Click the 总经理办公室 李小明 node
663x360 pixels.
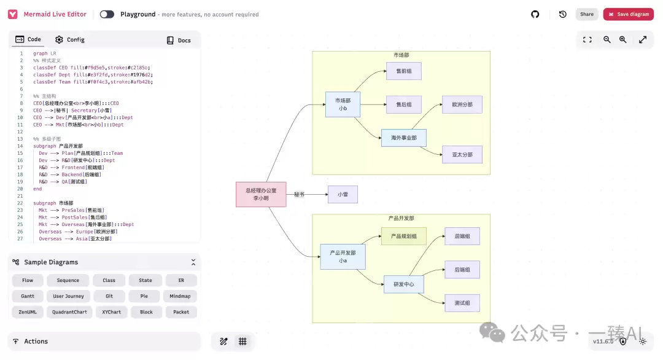(x=261, y=194)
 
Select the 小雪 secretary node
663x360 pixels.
(x=343, y=194)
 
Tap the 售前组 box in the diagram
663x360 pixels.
(x=403, y=71)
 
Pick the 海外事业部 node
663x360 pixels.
(x=404, y=138)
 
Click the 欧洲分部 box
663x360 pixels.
(x=462, y=104)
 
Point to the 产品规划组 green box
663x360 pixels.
(x=404, y=236)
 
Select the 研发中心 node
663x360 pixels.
(x=404, y=284)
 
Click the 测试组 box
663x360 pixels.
(x=462, y=303)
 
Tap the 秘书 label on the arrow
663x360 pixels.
(x=299, y=194)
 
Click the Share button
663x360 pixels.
(x=587, y=14)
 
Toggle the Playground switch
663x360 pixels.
(x=107, y=14)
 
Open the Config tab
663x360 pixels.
(x=70, y=39)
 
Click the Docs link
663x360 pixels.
(x=179, y=40)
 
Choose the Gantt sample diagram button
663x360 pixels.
(x=27, y=296)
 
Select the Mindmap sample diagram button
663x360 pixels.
(x=181, y=296)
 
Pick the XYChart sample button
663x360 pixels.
(x=112, y=312)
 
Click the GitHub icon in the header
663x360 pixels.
(x=535, y=14)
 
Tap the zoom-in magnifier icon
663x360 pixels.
(x=622, y=39)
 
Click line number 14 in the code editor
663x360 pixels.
(x=20, y=146)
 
